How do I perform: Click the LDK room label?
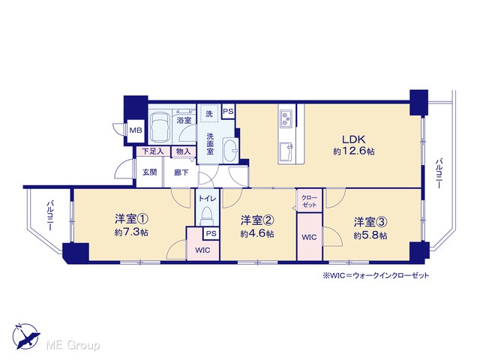(353, 139)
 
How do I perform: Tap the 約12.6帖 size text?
(354, 151)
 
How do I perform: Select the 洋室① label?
(132, 219)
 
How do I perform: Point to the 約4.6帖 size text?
(257, 234)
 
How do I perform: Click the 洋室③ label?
(370, 223)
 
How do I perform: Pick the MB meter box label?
(136, 130)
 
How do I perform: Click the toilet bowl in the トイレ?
(207, 216)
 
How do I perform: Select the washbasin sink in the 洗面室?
(230, 150)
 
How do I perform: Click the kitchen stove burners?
(286, 119)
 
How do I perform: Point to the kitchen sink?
(286, 151)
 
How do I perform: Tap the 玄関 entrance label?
(150, 172)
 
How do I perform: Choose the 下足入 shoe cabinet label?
(152, 151)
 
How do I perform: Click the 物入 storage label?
(183, 151)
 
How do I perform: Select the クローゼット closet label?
(309, 201)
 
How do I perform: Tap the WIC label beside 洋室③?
(309, 237)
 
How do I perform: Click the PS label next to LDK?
(228, 112)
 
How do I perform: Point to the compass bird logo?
(26, 337)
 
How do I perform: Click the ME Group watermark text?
(73, 346)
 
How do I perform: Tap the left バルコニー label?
(50, 216)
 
